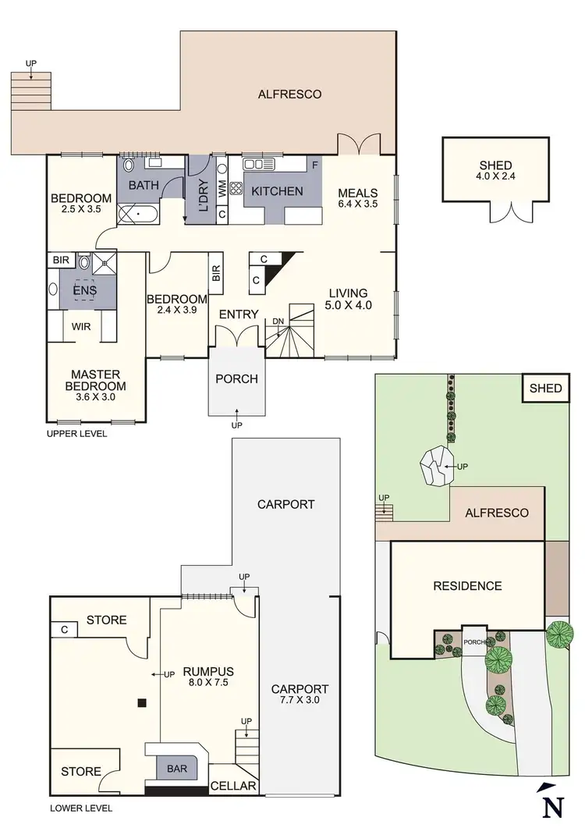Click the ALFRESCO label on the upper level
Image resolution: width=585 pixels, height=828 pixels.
pyautogui.click(x=289, y=94)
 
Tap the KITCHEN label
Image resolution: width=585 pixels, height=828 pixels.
pyautogui.click(x=277, y=190)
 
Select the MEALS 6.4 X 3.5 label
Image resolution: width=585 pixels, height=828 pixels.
pyautogui.click(x=358, y=198)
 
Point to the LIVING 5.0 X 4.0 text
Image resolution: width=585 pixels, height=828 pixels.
pyautogui.click(x=347, y=299)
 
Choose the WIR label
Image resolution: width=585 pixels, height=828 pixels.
pyautogui.click(x=81, y=326)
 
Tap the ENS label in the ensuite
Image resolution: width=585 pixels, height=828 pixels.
pyautogui.click(x=83, y=290)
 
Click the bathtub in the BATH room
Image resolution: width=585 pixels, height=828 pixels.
pyautogui.click(x=139, y=211)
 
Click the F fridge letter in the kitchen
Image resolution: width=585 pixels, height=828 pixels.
pyautogui.click(x=314, y=165)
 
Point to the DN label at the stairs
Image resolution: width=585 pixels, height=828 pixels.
pyautogui.click(x=278, y=321)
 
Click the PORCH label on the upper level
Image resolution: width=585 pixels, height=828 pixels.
pyautogui.click(x=236, y=379)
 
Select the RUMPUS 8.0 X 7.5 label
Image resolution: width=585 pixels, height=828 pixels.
pyautogui.click(x=208, y=677)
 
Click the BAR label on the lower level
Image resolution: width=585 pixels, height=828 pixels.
pyautogui.click(x=177, y=769)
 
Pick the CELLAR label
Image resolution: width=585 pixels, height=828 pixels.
pyautogui.click(x=234, y=786)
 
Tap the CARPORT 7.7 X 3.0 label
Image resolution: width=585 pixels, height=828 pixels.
pyautogui.click(x=300, y=695)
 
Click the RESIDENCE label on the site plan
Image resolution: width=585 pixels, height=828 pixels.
pyautogui.click(x=468, y=586)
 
